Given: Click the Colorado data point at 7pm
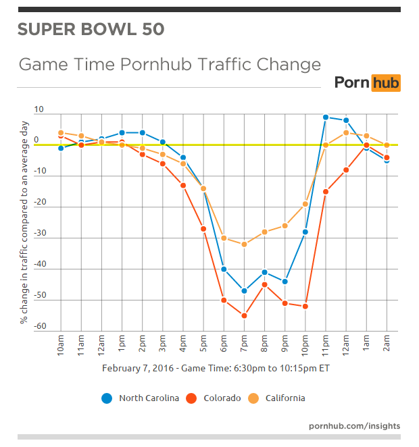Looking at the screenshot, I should (244, 315).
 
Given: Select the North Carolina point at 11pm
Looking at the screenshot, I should (325, 117).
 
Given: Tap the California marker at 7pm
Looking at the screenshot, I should (244, 244).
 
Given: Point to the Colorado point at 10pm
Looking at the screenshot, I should (305, 307).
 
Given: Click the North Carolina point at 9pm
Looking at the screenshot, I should (285, 282).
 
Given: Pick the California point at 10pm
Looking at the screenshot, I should (305, 204).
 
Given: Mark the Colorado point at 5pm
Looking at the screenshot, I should (203, 229).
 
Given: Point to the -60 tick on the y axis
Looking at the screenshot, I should (40, 326).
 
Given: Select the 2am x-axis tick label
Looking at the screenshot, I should (386, 344).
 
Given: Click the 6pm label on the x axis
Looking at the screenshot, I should (224, 344).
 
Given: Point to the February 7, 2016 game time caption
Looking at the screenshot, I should (216, 369).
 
